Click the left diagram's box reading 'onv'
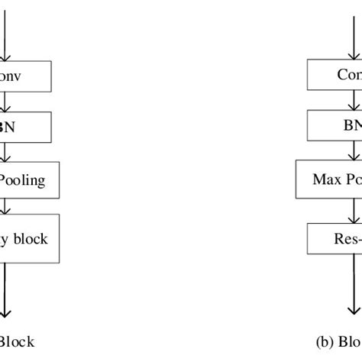(24, 76)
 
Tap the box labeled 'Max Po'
(328, 180)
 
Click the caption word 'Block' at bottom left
(17, 342)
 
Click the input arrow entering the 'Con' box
(353, 31)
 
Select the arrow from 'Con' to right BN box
(353, 100)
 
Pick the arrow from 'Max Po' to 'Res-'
(353, 209)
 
